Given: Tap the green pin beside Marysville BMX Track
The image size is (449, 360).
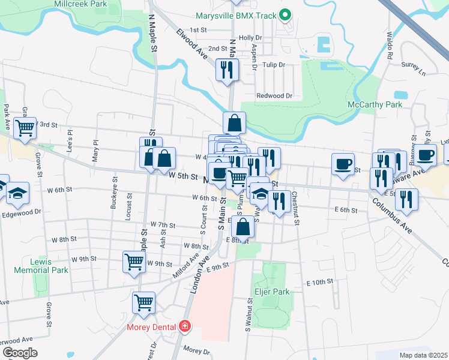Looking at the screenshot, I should tap(286, 14).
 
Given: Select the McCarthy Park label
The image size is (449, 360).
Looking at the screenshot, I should tap(375, 105).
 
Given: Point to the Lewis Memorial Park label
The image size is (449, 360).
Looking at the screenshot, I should tap(49, 266).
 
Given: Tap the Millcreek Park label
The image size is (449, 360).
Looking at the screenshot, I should tap(80, 4).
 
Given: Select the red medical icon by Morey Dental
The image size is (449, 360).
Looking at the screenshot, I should tap(185, 327).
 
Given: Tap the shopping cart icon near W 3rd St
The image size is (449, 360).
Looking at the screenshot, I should tap(25, 128).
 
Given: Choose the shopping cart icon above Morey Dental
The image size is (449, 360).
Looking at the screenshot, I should tap(144, 302).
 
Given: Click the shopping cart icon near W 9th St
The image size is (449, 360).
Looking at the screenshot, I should tap(134, 261).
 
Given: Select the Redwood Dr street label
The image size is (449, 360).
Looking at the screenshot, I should tap(274, 96).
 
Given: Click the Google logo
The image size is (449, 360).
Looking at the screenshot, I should tap(20, 353).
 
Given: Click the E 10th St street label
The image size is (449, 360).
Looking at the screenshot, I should tap(319, 282).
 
